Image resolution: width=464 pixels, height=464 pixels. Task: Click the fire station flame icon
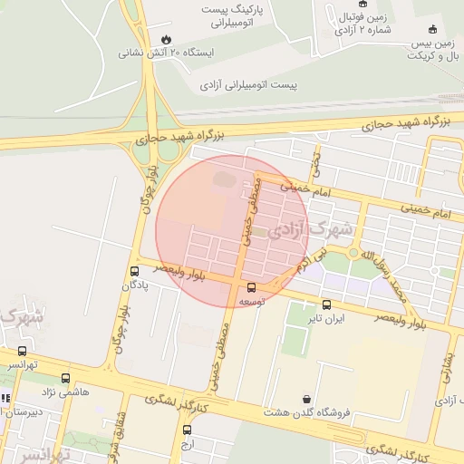pyautogui.click(x=166, y=39)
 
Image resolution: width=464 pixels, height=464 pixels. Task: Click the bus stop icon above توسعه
pyautogui.click(x=251, y=287)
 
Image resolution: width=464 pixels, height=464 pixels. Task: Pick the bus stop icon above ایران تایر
pyautogui.click(x=326, y=304)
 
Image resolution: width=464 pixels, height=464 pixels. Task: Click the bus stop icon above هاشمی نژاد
pyautogui.click(x=65, y=378)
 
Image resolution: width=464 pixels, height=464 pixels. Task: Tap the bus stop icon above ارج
pyautogui.click(x=187, y=430)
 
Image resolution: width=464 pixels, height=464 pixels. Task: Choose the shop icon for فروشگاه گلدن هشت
pyautogui.click(x=307, y=398)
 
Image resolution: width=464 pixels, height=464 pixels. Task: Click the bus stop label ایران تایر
pyautogui.click(x=326, y=318)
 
